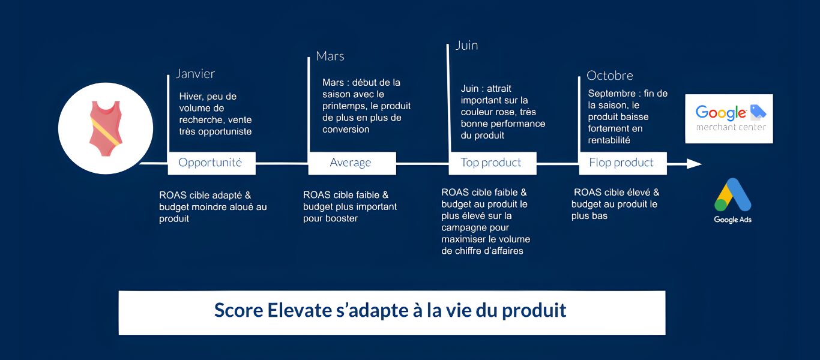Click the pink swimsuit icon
click(x=106, y=128)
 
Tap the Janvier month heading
click(x=195, y=74)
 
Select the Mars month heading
click(x=330, y=56)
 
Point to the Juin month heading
click(x=467, y=46)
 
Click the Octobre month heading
click(x=609, y=76)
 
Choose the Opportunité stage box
click(x=211, y=163)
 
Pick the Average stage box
click(x=352, y=163)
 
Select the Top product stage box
click(x=492, y=163)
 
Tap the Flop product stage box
click(x=623, y=163)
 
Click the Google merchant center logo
click(x=729, y=119)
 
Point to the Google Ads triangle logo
click(x=732, y=194)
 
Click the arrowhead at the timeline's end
click(x=694, y=164)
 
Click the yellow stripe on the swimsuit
click(x=106, y=133)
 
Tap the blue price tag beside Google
click(x=758, y=112)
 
